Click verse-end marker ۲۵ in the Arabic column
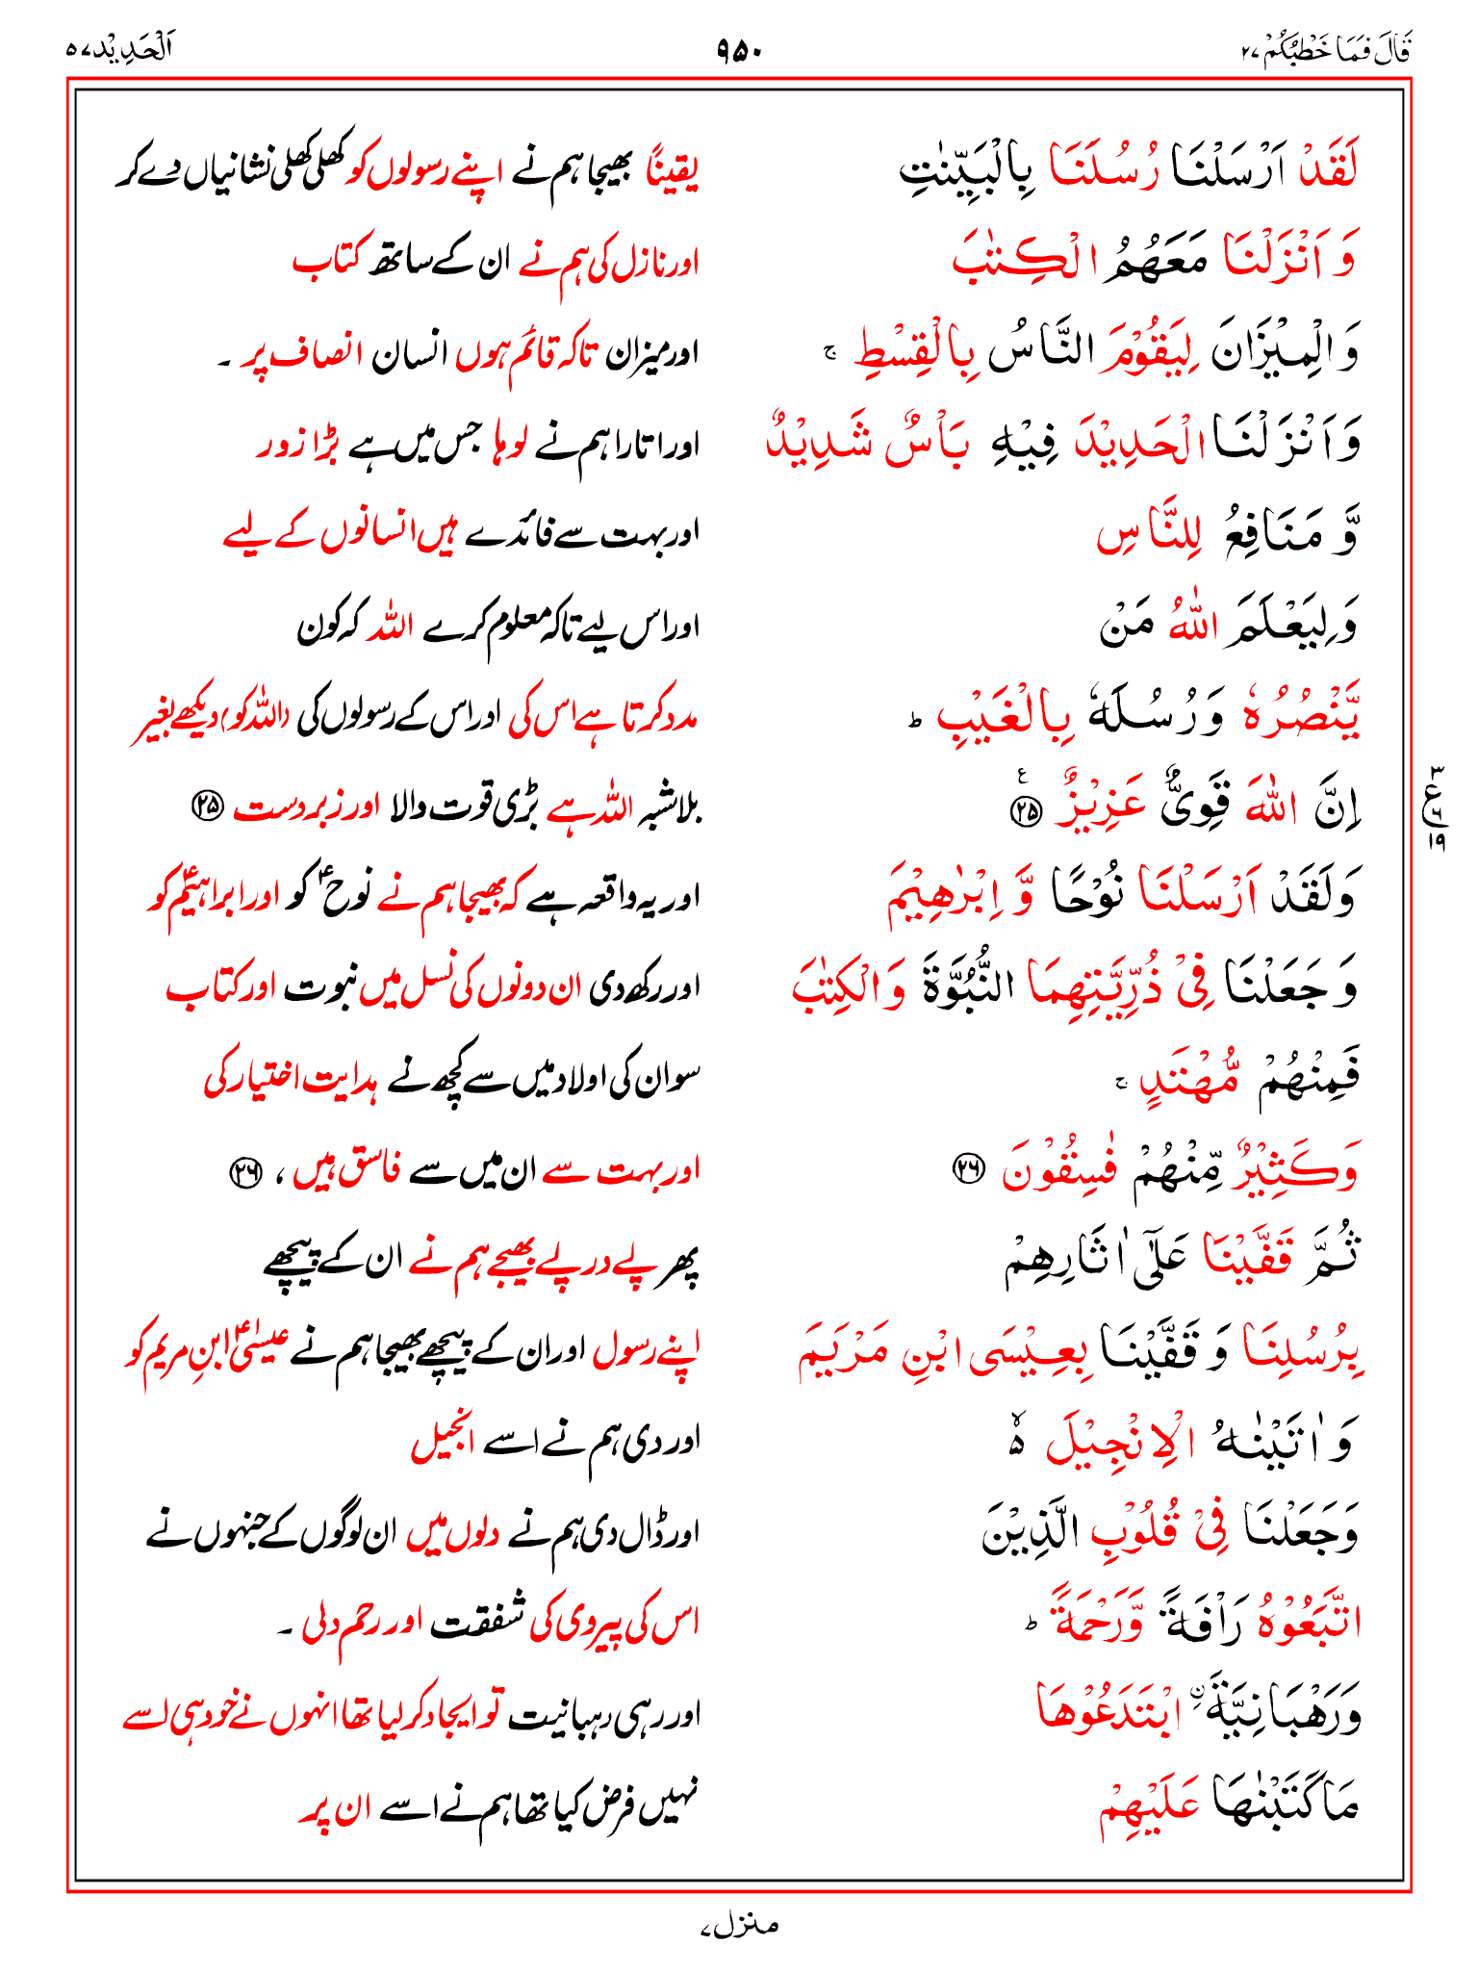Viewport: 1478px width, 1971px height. point(1026,812)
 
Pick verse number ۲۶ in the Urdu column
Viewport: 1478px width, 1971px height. point(245,1171)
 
